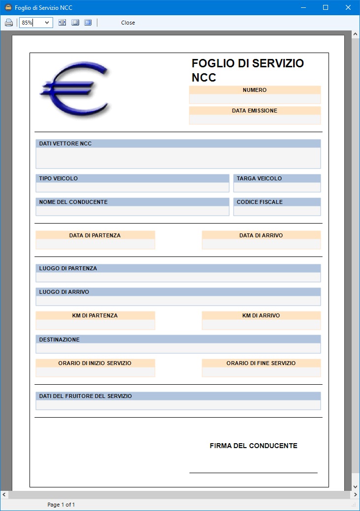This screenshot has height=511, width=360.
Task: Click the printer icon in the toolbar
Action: click(9, 23)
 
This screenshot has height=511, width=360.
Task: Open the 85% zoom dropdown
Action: click(47, 23)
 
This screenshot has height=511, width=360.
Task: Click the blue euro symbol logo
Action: click(75, 89)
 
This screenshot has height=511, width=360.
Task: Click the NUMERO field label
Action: click(255, 90)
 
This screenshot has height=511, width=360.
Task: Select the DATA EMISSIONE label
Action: click(255, 111)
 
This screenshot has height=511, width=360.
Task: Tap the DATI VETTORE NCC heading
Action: click(65, 143)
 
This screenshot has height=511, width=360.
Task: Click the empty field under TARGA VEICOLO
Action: click(277, 187)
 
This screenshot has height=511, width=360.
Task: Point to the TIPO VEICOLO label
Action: click(59, 178)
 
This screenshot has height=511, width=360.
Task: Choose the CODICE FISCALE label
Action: click(260, 202)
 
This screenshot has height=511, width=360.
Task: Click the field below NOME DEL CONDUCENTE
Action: click(132, 211)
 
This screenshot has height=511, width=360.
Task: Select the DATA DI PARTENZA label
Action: click(95, 235)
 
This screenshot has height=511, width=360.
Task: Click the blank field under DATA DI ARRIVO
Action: click(261, 244)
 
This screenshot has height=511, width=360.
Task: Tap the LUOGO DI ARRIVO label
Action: click(64, 292)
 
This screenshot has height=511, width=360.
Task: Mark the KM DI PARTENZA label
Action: click(95, 315)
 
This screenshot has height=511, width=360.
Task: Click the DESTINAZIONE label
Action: click(60, 340)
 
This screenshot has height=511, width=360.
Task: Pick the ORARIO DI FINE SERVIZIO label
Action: click(261, 363)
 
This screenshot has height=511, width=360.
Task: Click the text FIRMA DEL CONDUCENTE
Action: click(253, 446)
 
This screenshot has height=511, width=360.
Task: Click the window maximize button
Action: click(325, 8)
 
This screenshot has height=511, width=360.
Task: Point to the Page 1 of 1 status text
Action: click(61, 505)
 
